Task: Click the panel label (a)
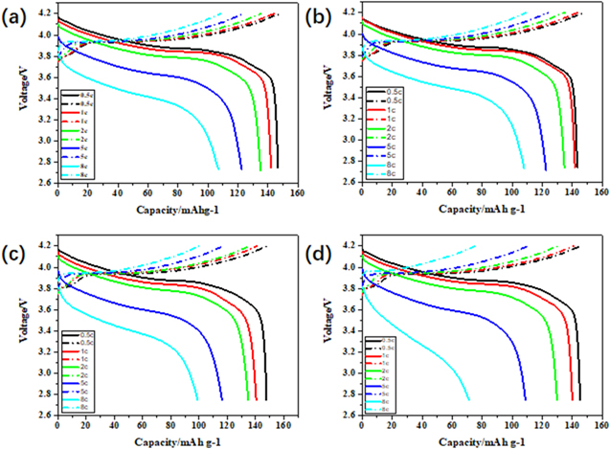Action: click(16, 14)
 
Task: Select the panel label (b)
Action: click(320, 14)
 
